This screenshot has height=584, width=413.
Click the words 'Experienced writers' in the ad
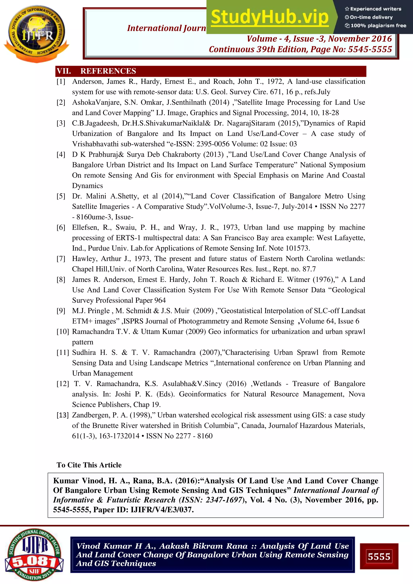click(376, 9)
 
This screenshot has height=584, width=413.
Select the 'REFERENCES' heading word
click(108, 71)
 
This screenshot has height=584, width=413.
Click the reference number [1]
click(61, 82)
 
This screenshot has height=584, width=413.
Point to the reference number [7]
click(61, 259)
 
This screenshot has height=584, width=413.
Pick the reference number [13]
click(63, 415)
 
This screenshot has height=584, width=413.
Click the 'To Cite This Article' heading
click(89, 465)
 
